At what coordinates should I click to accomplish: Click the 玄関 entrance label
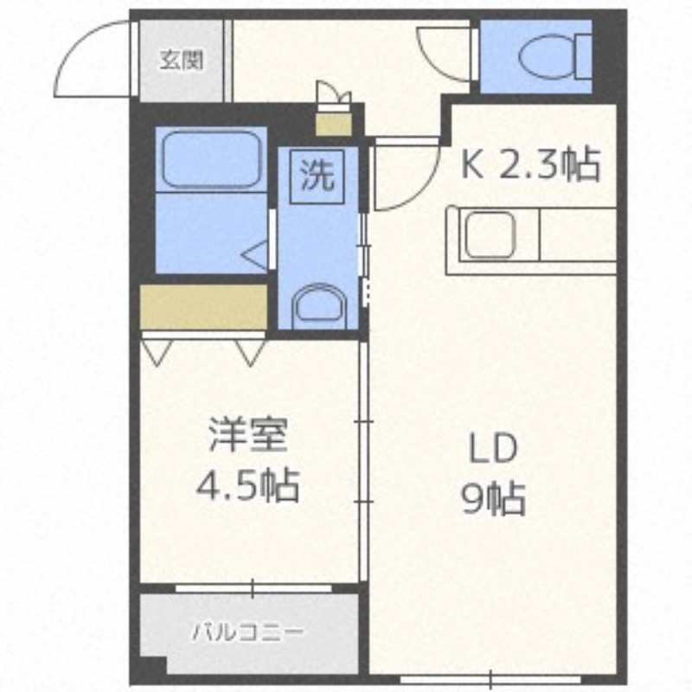click(181, 61)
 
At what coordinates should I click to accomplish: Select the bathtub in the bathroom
click(211, 159)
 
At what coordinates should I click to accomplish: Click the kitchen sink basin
click(490, 235)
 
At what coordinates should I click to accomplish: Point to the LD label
click(493, 450)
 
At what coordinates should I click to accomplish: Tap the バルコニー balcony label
click(247, 632)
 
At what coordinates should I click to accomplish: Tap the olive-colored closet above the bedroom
click(203, 305)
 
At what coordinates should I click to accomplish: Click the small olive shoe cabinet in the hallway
click(332, 124)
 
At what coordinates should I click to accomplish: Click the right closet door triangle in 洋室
click(251, 350)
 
